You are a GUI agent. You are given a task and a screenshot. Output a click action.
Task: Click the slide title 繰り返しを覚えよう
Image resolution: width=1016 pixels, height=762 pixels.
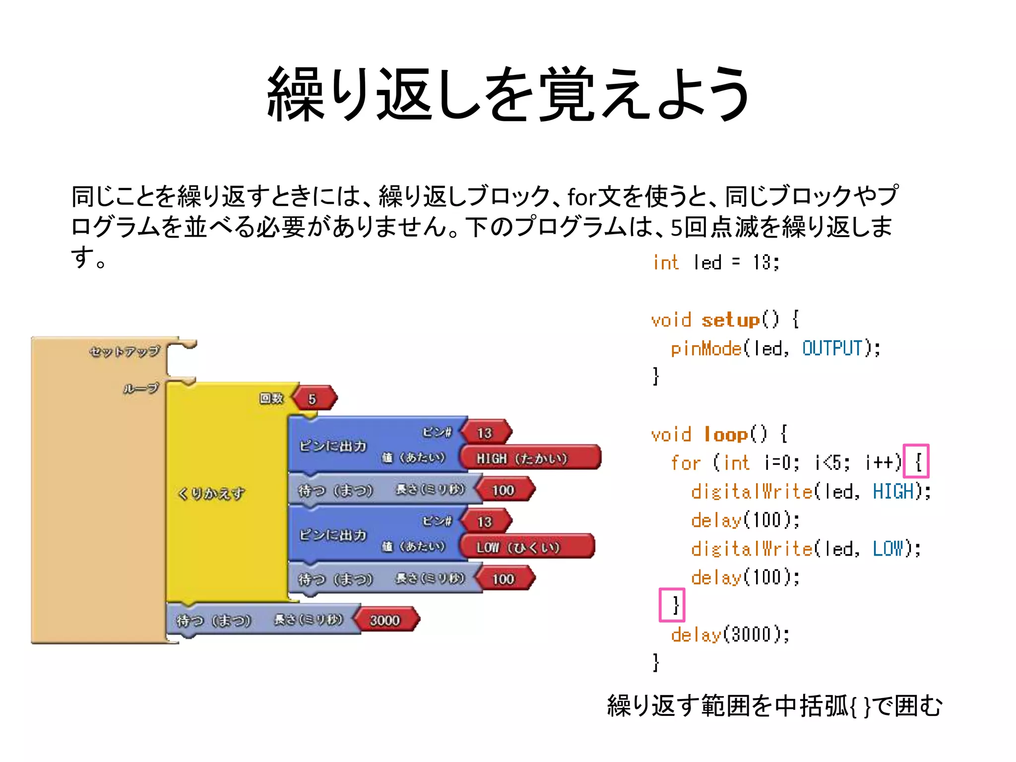[x=508, y=94]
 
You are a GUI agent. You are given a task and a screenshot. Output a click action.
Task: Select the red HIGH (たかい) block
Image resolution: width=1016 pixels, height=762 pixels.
[x=529, y=458]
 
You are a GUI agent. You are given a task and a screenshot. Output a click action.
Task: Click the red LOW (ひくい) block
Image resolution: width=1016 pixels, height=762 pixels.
[x=526, y=547]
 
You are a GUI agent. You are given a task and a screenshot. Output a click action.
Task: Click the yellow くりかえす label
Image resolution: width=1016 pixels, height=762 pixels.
[x=211, y=493]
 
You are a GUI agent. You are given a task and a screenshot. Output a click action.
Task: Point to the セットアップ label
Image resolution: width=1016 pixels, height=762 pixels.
[x=125, y=351]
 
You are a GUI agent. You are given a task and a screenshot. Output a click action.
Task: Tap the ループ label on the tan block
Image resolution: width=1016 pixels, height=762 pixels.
[x=141, y=388]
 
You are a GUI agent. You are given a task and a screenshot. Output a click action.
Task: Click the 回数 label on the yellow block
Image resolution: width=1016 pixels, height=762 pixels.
[x=271, y=398]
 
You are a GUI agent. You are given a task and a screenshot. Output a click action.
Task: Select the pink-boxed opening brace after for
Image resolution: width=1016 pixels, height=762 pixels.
[x=916, y=461]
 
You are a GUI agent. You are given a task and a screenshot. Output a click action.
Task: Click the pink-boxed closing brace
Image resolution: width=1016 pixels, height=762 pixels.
[x=672, y=605]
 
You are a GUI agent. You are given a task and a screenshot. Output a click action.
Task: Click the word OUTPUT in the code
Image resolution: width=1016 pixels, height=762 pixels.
[x=832, y=348]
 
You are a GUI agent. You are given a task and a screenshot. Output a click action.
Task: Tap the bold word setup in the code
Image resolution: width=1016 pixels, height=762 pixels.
[x=730, y=320]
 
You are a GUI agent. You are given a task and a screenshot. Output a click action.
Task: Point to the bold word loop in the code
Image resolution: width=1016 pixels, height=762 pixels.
[x=726, y=434]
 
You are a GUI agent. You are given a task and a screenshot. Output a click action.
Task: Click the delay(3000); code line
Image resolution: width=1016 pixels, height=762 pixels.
[x=730, y=635]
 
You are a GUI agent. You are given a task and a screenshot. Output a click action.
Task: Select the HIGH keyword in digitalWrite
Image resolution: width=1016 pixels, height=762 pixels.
[x=893, y=492]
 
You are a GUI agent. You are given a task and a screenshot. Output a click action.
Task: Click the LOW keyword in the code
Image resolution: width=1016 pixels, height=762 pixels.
[x=888, y=549]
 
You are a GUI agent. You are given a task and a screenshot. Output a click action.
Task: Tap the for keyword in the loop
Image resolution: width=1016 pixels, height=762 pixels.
[x=686, y=463]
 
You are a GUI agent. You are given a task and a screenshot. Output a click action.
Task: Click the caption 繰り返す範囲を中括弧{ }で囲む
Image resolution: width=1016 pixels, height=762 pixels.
[x=774, y=706]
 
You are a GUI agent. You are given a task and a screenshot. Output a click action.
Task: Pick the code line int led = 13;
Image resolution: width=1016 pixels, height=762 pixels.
[x=716, y=262]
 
